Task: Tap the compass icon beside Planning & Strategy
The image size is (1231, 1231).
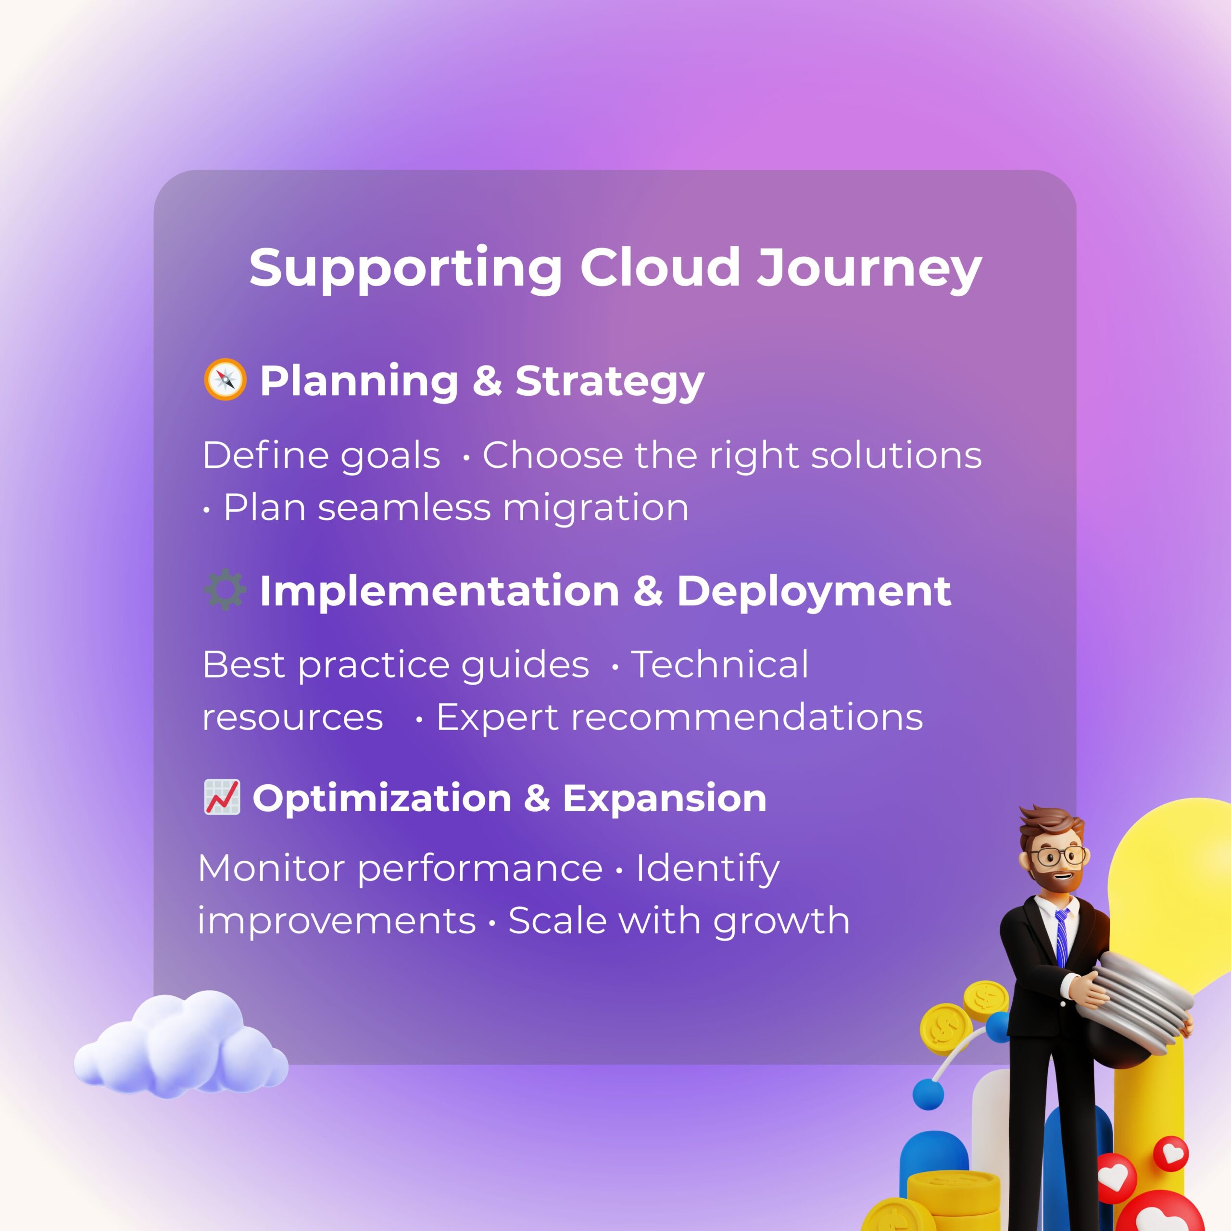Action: [x=225, y=380]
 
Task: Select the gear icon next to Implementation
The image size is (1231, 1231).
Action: [x=225, y=590]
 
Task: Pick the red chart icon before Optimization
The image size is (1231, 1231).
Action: [x=222, y=797]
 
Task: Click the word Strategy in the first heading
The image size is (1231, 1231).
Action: [x=609, y=381]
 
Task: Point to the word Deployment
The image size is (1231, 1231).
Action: [x=813, y=591]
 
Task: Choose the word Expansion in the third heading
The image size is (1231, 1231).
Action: [x=664, y=798]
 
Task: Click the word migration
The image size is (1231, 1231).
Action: [x=595, y=508]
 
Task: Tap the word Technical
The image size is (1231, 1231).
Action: [x=720, y=665]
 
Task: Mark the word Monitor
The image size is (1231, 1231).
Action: [x=273, y=868]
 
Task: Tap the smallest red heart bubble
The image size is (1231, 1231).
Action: [x=1171, y=1152]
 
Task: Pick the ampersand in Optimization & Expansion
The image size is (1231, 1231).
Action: [x=537, y=798]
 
